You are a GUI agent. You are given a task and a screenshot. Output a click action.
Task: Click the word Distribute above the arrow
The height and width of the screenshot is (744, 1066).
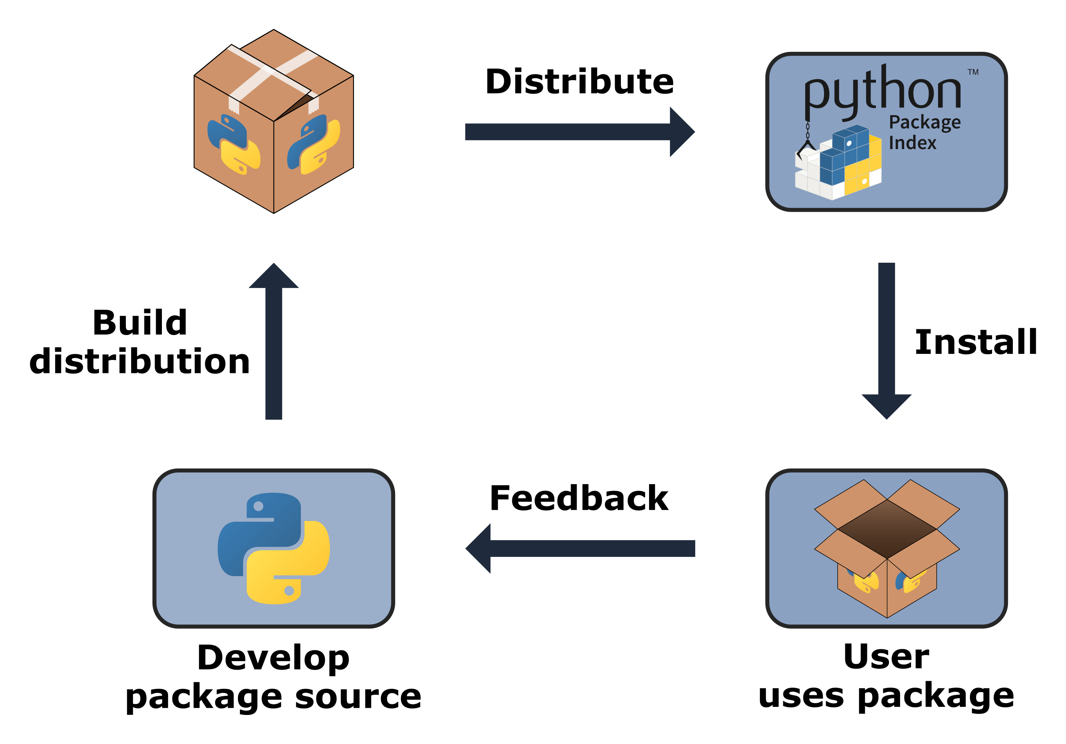pyautogui.click(x=580, y=82)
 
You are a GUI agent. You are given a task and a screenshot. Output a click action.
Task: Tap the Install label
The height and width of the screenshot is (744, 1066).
pyautogui.click(x=976, y=342)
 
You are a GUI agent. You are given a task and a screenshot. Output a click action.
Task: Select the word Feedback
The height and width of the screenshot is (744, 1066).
pyautogui.click(x=579, y=498)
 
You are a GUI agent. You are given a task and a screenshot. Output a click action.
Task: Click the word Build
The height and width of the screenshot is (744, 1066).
pyautogui.click(x=140, y=323)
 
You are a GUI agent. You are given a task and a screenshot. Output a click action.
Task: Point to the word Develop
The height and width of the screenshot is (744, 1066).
pyautogui.click(x=273, y=659)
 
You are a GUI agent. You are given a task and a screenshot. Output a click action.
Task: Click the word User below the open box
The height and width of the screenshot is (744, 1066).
pyautogui.click(x=886, y=657)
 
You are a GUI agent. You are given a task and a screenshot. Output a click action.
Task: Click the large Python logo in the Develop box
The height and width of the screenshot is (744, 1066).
pyautogui.click(x=273, y=548)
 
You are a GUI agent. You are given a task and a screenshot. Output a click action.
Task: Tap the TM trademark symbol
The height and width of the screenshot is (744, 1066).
pyautogui.click(x=973, y=72)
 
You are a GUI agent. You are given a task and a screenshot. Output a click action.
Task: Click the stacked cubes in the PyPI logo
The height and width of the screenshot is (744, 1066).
pyautogui.click(x=840, y=165)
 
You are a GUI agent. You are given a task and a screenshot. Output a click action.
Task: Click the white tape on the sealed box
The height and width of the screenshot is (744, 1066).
pyautogui.click(x=274, y=74)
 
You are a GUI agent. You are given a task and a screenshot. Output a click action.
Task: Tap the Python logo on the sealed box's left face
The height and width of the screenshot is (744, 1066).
pyautogui.click(x=233, y=144)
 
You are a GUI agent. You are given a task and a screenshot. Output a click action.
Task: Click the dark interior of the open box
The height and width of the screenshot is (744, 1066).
pyautogui.click(x=887, y=529)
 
